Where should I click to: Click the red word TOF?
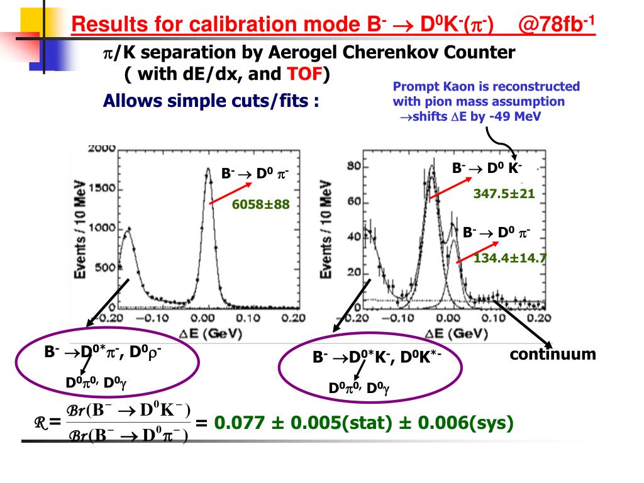(305, 74)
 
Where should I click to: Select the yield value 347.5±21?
(504, 194)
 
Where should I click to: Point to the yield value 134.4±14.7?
(511, 257)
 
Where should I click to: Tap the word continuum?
(553, 354)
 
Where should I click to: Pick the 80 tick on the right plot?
(353, 167)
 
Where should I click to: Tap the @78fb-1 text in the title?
(556, 25)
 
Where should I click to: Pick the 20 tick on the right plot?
(353, 272)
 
